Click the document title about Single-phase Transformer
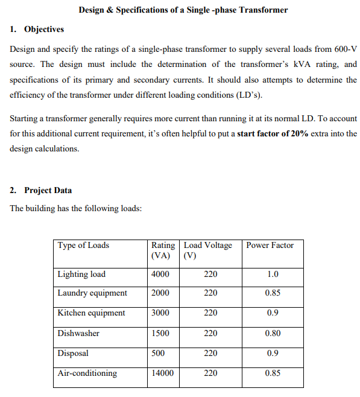pos(183,10)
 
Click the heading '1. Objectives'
pos(37,29)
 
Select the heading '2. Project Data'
pos(42,190)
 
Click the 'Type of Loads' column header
pos(83,245)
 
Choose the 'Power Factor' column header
pos(270,245)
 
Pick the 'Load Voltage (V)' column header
pos(207,250)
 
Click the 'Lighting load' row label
pos(81,274)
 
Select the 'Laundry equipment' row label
pos(92,293)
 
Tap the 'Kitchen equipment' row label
pos(91,313)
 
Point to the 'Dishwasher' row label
pos(78,333)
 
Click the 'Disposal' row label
pos(73,353)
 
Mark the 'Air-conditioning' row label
pos(87,373)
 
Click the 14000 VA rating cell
pos(162,373)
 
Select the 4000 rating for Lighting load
pos(160,274)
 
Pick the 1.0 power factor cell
pos(272,274)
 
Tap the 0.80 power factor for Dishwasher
pos(272,333)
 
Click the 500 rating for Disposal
pos(158,353)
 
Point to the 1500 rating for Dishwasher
pos(160,333)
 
